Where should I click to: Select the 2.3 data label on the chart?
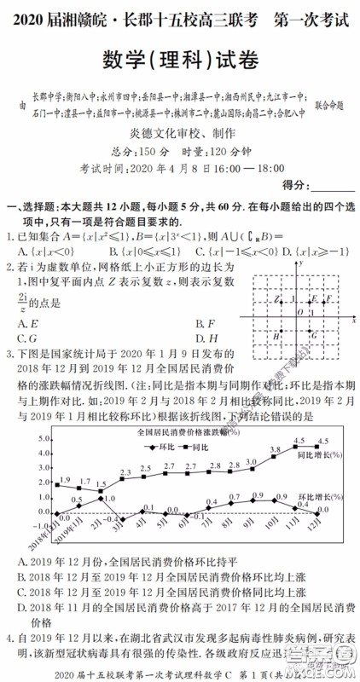(125, 471)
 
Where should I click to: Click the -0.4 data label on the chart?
(110, 519)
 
